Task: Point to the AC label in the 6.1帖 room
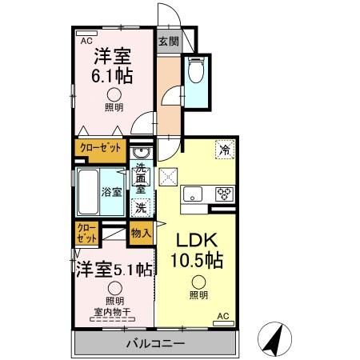click(85, 37)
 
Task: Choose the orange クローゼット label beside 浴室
click(101, 148)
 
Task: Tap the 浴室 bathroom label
click(110, 192)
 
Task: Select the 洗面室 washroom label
click(141, 181)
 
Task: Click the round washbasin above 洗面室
click(141, 154)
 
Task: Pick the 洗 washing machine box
click(140, 206)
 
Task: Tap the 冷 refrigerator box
click(225, 149)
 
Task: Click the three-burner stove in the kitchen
click(223, 194)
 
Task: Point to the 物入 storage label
click(140, 233)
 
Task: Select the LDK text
click(195, 241)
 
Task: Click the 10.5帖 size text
click(196, 261)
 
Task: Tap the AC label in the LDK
click(224, 317)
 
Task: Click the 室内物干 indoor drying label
click(112, 310)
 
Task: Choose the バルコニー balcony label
click(155, 343)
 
